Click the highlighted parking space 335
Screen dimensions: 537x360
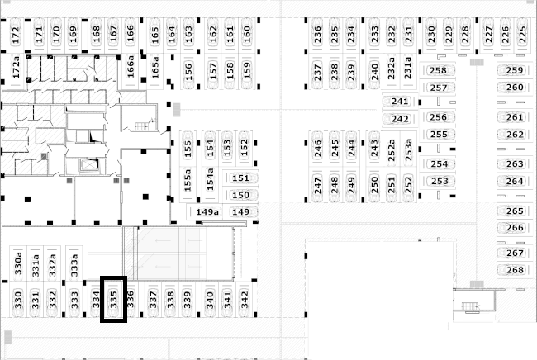[x=113, y=299]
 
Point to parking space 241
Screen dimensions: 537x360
[x=400, y=102]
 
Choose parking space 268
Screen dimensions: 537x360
[x=515, y=270]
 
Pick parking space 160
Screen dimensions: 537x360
[x=246, y=34]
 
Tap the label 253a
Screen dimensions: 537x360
[x=408, y=149]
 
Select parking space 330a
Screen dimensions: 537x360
[x=18, y=263]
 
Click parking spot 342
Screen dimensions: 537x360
[x=245, y=299]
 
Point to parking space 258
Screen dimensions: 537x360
[x=438, y=70]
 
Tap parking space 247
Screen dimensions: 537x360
[x=317, y=185]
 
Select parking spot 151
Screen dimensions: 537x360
[x=240, y=178]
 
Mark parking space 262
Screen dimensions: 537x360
[x=515, y=134]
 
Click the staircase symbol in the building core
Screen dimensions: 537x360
[x=142, y=126]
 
